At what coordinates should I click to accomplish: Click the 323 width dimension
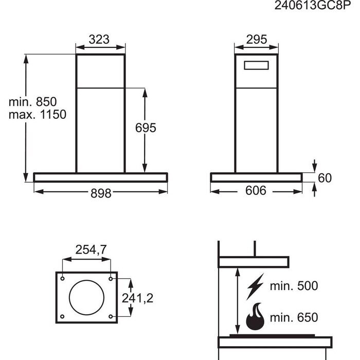(101, 40)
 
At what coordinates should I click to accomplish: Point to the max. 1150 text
(37, 114)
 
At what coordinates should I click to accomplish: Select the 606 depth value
(255, 191)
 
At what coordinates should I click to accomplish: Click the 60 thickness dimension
(325, 178)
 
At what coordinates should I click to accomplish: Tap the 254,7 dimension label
(92, 250)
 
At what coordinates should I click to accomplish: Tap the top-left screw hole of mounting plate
(62, 278)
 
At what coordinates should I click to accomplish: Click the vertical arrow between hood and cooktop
(237, 301)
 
